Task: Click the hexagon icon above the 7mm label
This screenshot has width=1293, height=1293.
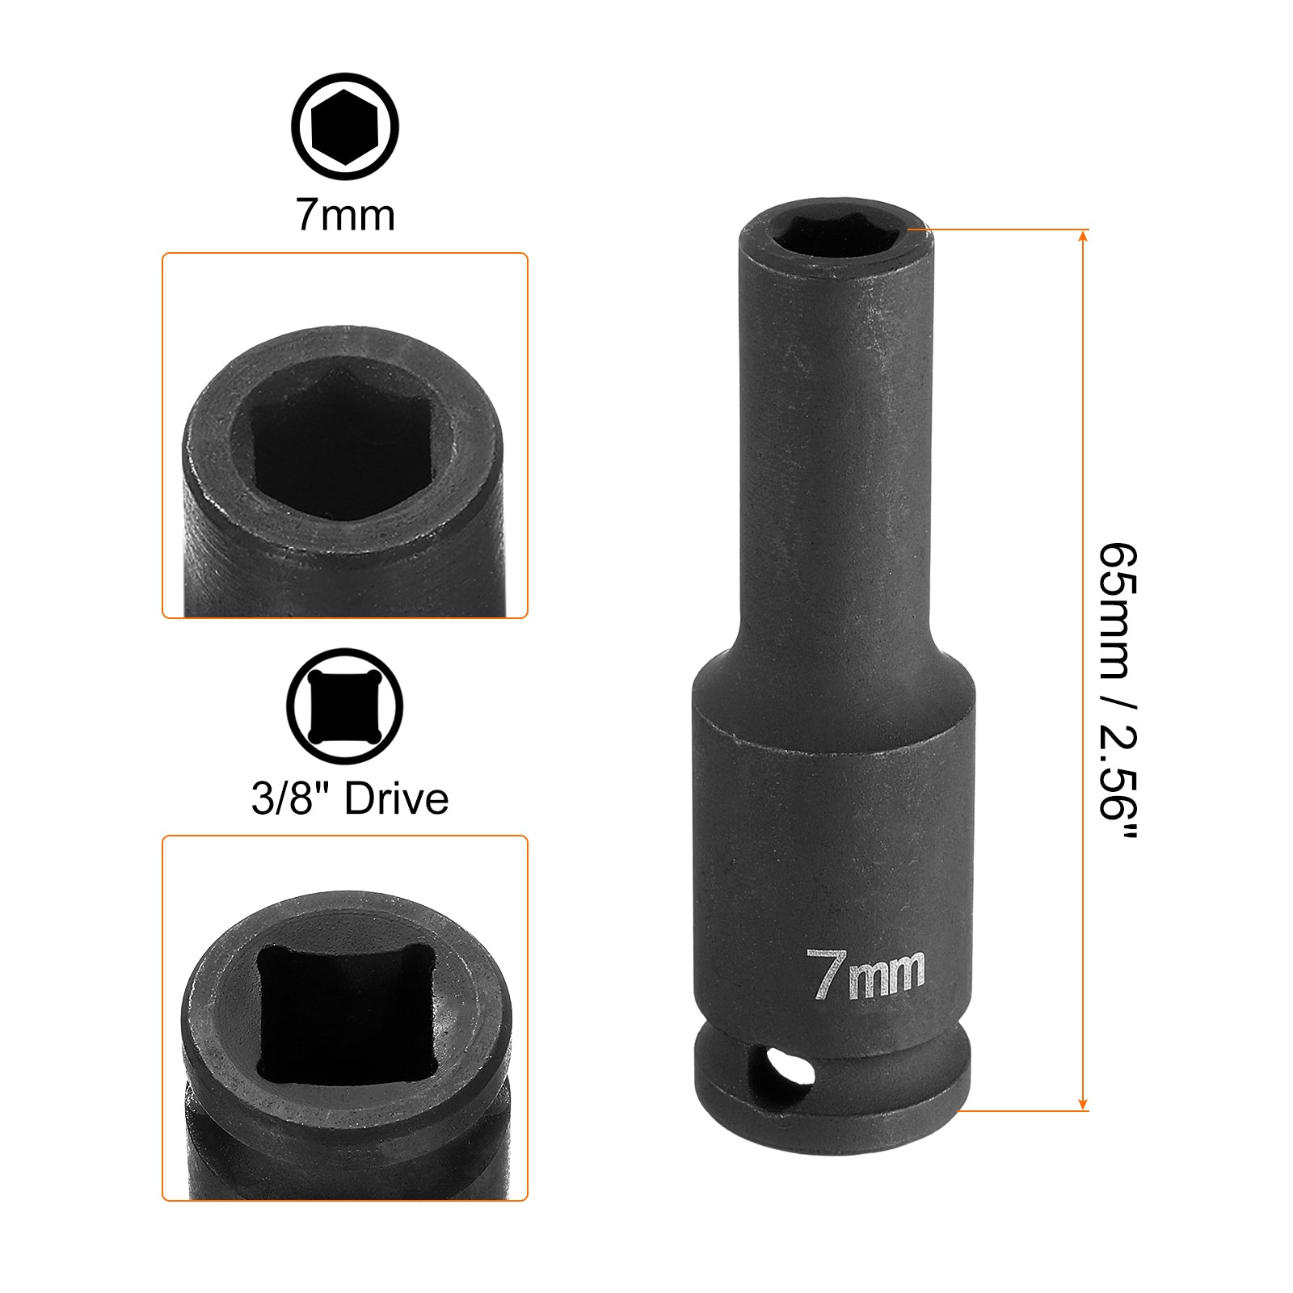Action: click(345, 127)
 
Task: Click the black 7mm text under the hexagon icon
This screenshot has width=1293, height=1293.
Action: click(345, 215)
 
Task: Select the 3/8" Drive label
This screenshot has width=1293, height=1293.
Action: click(349, 798)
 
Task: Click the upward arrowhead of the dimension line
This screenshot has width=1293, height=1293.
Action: click(1084, 236)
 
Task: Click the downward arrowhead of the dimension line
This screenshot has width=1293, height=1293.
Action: click(1084, 1104)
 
